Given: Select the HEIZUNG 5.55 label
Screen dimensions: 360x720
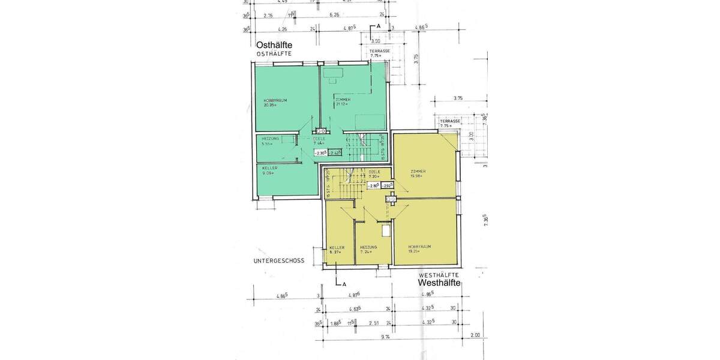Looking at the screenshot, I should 271,141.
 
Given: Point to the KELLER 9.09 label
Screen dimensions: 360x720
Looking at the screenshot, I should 269,170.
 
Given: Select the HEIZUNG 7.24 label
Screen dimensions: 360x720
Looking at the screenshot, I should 368,249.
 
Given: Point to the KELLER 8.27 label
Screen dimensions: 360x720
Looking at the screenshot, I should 336,249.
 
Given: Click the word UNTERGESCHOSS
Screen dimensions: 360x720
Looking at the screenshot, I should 280,261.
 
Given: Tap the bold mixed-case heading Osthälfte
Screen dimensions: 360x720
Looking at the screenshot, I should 274,46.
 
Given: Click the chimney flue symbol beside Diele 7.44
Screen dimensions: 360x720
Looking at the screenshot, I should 322,130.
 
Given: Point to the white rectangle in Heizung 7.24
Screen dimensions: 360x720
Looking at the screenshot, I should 385,231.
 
